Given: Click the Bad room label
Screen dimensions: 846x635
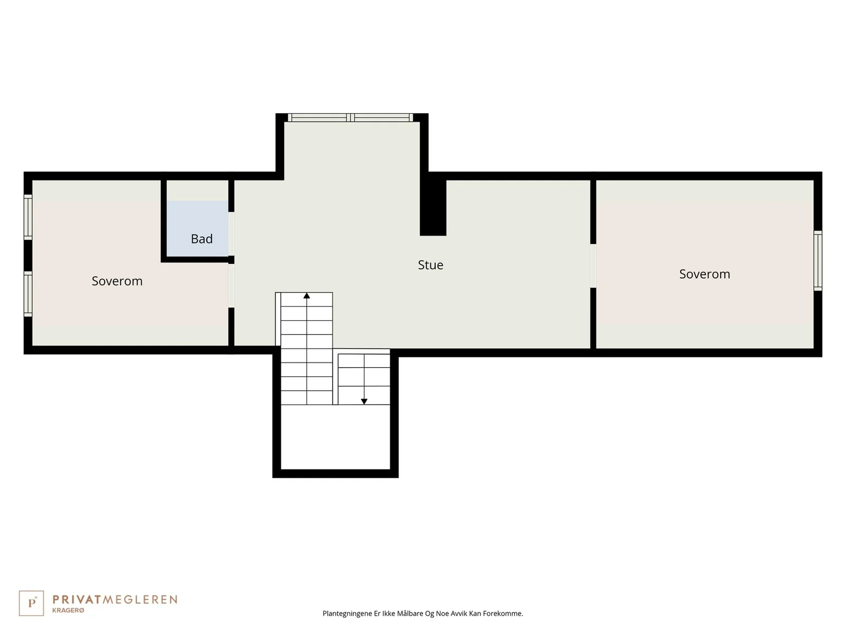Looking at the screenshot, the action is [x=201, y=239].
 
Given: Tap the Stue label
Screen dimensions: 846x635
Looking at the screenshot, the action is [x=430, y=265].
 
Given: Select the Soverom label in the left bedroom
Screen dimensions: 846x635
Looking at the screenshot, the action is [x=117, y=281].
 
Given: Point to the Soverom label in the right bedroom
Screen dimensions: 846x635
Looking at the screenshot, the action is [x=704, y=274].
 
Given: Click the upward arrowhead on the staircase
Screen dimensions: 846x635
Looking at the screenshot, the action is [x=307, y=296].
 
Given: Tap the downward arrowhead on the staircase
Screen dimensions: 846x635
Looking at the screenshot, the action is [x=364, y=401].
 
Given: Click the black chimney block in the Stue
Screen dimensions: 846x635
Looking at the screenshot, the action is [x=433, y=207].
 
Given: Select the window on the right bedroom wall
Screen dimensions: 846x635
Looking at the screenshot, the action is [x=817, y=261].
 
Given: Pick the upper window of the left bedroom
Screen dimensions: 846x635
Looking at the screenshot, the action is [x=28, y=217].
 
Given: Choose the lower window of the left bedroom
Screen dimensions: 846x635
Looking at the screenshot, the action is [x=28, y=294].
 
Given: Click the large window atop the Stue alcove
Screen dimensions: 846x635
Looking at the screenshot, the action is [x=351, y=117].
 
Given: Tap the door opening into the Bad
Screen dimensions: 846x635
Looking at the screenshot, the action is [x=231, y=234].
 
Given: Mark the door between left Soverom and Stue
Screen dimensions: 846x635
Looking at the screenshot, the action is [x=231, y=286].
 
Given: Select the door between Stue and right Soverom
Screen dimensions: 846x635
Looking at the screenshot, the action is [x=593, y=266].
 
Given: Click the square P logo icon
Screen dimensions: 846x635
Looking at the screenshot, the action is [x=31, y=603].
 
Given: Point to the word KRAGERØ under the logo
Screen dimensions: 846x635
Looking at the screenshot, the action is [x=68, y=610].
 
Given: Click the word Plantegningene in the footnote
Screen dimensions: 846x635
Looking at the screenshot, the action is [x=347, y=613].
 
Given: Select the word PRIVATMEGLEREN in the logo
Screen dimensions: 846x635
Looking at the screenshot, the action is [x=115, y=600].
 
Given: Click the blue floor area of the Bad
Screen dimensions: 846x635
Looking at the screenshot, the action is [x=197, y=228].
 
